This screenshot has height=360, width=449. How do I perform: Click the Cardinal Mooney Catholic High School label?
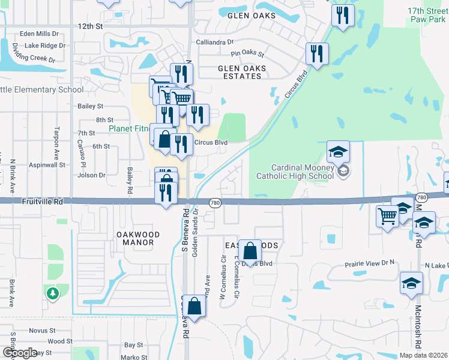(294, 172)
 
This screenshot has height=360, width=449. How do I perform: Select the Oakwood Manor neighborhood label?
(134, 238)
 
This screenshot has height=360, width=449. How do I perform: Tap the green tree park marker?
(53, 293)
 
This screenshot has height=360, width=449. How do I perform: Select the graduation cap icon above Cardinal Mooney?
(338, 152)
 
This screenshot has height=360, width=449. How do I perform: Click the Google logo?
(20, 353)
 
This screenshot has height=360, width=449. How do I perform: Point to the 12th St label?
(91, 26)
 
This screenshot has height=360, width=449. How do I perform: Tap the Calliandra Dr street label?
(214, 42)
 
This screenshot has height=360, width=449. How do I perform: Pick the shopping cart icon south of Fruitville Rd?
(387, 216)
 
